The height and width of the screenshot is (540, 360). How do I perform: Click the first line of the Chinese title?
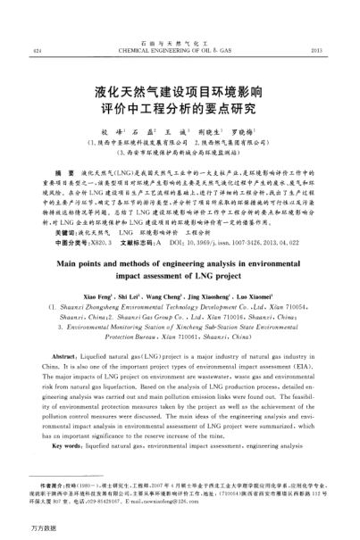coord(179,92)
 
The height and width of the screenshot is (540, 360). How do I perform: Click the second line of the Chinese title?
coord(179,112)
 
